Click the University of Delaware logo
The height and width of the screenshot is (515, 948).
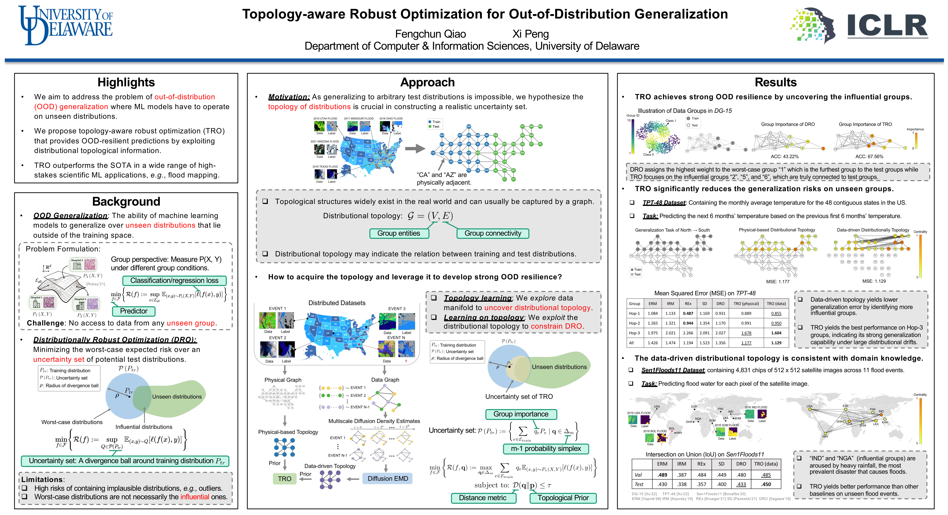click(66, 25)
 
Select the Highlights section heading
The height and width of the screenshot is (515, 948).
click(126, 82)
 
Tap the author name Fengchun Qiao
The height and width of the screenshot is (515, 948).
click(430, 34)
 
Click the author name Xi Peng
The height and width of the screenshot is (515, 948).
click(530, 34)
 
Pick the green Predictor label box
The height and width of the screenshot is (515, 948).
click(133, 311)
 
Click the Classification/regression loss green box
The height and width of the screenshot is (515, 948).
click(174, 280)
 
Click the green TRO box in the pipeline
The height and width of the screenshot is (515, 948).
click(284, 479)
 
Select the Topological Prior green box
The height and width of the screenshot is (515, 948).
click(563, 498)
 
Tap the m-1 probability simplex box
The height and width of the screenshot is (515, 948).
click(546, 448)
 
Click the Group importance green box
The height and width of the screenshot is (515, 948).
click(521, 414)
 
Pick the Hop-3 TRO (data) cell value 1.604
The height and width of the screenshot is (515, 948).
click(776, 333)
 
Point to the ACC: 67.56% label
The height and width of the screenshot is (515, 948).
click(869, 157)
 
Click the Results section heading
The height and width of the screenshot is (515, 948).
click(775, 82)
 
